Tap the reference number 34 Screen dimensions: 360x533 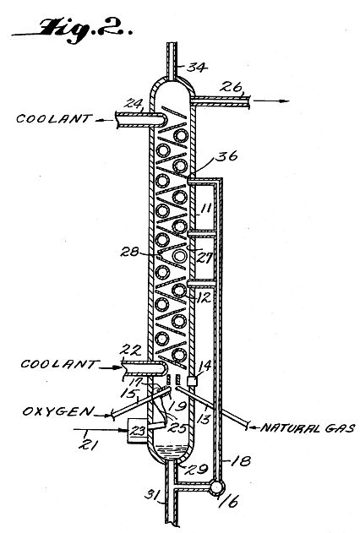pos(198,67)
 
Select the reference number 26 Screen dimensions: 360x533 pos(231,86)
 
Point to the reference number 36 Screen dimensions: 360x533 pos(228,157)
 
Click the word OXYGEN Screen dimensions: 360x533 pos(57,411)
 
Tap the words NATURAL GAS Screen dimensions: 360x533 pos(308,427)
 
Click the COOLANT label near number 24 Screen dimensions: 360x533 pos(54,118)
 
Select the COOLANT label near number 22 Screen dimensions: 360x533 pos(59,364)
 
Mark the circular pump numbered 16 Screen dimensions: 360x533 pos(216,487)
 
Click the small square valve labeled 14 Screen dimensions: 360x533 pos(193,381)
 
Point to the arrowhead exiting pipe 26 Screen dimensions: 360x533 pos(286,101)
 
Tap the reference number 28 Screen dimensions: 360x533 pos(130,253)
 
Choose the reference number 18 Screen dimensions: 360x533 pos(241,461)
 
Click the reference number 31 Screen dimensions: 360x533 pos(152,495)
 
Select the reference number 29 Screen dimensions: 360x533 pos(196,469)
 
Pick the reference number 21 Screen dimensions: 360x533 pos(87,444)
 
